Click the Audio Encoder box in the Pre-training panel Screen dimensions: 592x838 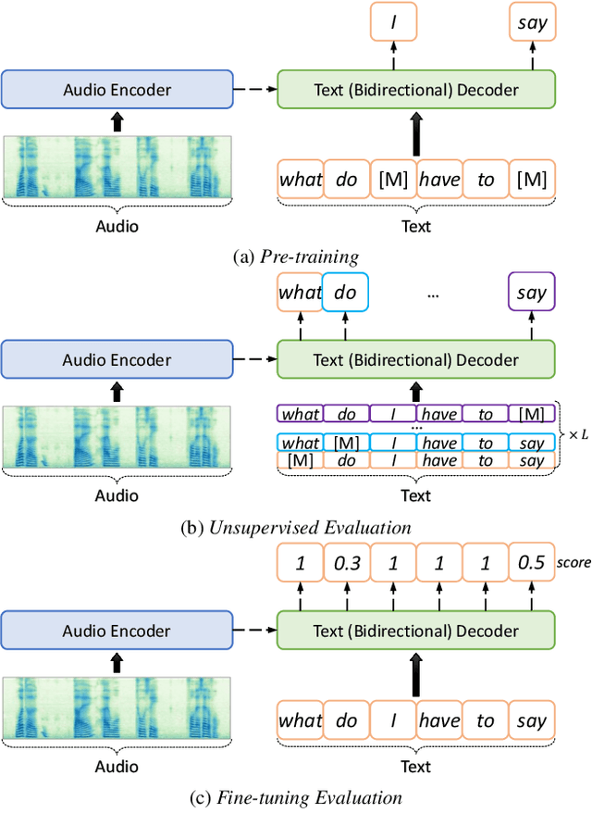click(117, 89)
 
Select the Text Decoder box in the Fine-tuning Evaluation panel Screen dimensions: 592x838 click(416, 631)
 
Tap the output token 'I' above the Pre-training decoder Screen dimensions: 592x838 click(393, 21)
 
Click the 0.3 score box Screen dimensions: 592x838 click(347, 562)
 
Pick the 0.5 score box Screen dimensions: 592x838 click(532, 562)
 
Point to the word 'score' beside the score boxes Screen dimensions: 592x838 click(573, 563)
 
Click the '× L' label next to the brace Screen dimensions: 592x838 click(579, 435)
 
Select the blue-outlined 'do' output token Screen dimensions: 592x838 click(345, 292)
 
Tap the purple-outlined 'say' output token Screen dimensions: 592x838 click(532, 292)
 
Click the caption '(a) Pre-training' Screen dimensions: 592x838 click(296, 257)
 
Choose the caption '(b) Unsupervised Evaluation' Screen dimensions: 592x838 click(296, 528)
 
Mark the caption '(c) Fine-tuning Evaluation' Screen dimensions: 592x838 click(296, 798)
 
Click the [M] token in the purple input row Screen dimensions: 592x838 click(532, 414)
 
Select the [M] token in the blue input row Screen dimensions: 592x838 click(347, 443)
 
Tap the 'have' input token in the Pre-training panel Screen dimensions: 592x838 click(439, 179)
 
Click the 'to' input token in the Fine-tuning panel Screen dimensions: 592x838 click(486, 720)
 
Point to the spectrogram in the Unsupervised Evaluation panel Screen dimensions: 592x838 click(117, 437)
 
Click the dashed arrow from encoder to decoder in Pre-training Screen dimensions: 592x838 click(255, 89)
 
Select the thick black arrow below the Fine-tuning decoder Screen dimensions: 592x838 click(416, 675)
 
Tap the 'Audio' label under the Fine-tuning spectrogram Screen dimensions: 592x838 click(117, 767)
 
